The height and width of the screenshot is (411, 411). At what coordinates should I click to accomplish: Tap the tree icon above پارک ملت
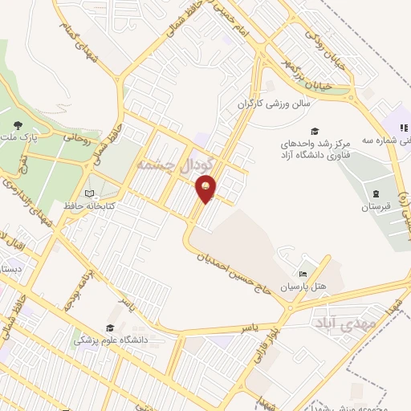(x=18, y=124)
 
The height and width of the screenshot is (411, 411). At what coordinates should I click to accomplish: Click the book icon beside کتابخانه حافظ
(x=88, y=193)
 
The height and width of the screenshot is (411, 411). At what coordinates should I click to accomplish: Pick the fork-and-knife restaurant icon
(x=405, y=127)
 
